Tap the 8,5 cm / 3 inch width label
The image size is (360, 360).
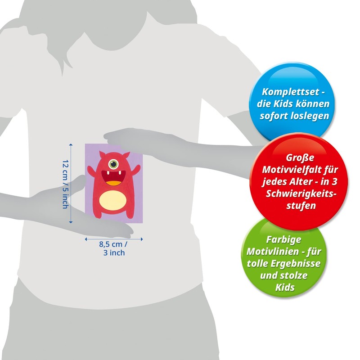click(113, 249)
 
